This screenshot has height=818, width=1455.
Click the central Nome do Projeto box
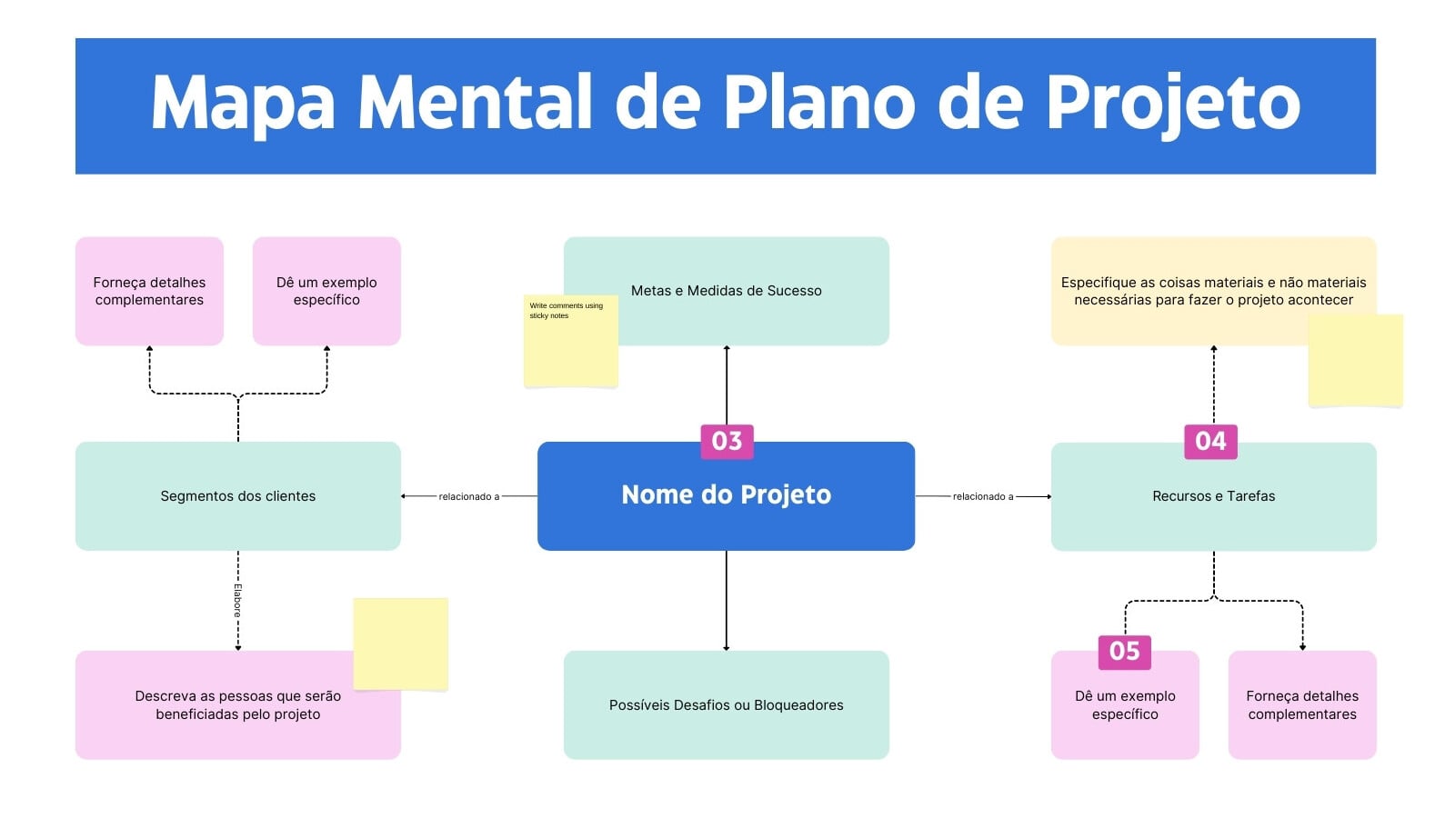[726, 496]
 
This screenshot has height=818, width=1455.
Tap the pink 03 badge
[727, 442]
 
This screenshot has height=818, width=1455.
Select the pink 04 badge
[1210, 442]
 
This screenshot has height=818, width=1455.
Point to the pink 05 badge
[1124, 652]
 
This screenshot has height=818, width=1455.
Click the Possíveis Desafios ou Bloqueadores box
[727, 705]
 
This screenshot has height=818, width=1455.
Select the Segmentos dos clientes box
[237, 496]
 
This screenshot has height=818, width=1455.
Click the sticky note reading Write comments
[571, 341]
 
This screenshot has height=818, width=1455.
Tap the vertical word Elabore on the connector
[237, 601]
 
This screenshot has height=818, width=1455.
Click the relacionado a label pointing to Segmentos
[469, 496]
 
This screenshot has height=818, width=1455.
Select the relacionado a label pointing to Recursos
[983, 496]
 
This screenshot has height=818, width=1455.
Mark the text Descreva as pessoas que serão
[237, 696]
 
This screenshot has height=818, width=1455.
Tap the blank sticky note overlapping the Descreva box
[401, 643]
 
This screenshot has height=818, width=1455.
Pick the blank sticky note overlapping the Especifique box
[1356, 360]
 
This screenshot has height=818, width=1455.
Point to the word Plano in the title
[819, 102]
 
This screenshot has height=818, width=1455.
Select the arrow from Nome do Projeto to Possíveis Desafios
[727, 601]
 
